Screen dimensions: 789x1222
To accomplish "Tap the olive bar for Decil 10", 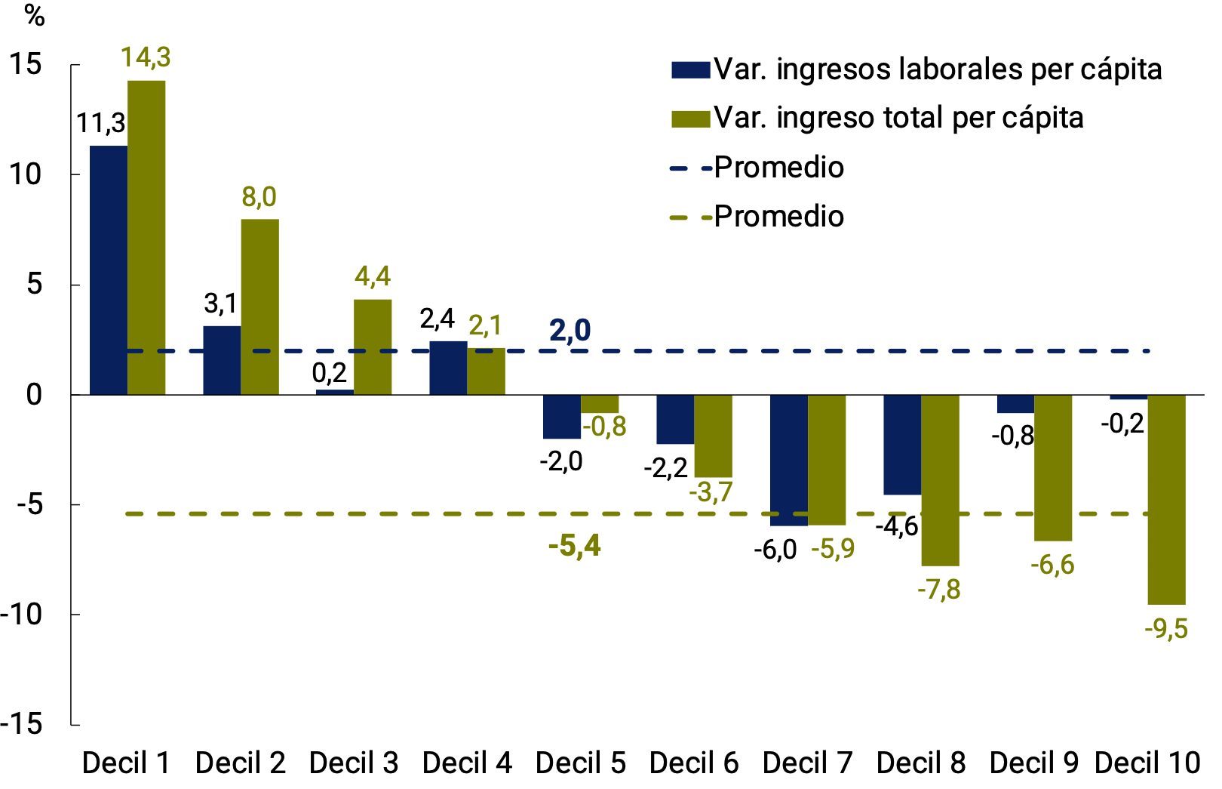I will tap(1166, 499).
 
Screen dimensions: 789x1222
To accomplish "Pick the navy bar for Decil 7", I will tap(788, 460).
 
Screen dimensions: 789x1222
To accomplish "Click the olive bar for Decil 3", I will tap(373, 347).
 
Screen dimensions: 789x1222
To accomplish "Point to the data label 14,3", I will tap(146, 57).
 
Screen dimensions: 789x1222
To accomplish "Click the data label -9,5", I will tap(1166, 628).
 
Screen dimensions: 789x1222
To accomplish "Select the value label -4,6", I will tap(896, 525).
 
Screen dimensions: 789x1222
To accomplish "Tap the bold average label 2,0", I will tap(570, 330).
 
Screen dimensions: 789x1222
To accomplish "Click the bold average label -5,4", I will tap(574, 545).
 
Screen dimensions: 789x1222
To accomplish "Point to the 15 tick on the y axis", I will tap(26, 64).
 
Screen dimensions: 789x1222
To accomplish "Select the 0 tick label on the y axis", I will tap(34, 394).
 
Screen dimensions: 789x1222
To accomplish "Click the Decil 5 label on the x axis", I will tap(580, 763).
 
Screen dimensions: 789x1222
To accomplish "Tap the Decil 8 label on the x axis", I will tap(920, 763).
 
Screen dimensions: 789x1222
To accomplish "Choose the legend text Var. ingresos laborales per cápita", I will tap(938, 69).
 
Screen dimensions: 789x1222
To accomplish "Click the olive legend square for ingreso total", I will tap(690, 119).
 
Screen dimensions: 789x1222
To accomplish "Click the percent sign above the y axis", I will tap(34, 15).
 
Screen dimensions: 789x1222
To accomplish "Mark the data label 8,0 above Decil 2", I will tap(259, 197).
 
